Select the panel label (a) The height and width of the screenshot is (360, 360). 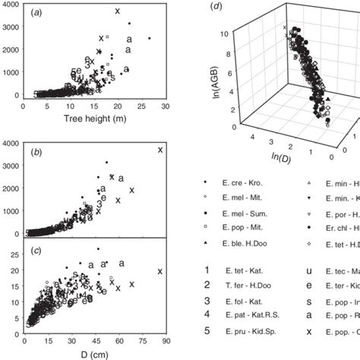pos(39,13)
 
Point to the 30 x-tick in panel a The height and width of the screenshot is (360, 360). pos(160,107)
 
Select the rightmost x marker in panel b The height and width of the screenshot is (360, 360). pos(159,150)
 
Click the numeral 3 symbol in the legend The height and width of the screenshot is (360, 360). pos(207,301)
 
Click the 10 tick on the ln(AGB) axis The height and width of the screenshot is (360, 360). pos(226,33)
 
